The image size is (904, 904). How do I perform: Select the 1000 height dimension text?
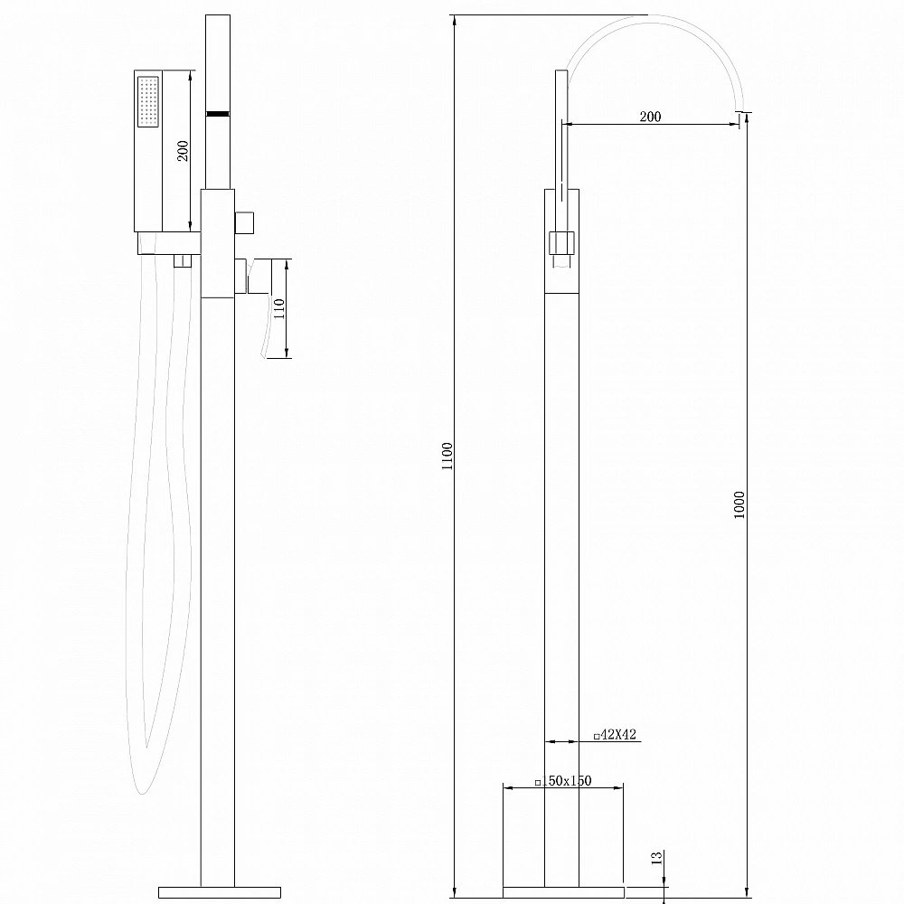(739, 509)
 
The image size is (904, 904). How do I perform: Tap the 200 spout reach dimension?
(649, 117)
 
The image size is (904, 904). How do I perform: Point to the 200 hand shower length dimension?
(184, 150)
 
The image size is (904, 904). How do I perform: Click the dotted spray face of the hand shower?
(148, 101)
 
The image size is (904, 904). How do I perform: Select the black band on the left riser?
(218, 114)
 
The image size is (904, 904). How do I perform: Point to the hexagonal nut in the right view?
(560, 243)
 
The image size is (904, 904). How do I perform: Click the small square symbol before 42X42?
(597, 736)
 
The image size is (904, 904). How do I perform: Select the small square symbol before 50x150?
(538, 782)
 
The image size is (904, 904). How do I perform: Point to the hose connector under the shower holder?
(183, 261)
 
